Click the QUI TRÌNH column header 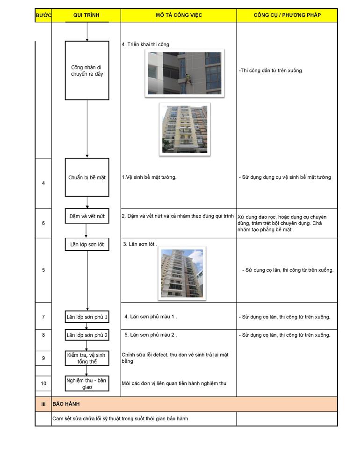point(86,15)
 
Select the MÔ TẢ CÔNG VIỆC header point(179,15)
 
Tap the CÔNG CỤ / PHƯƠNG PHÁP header point(287,15)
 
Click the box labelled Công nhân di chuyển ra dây point(87,71)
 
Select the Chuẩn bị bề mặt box point(87,177)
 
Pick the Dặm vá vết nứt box point(87,216)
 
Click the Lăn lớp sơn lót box point(87,244)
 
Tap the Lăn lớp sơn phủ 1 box point(87,317)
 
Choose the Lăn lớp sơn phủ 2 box point(87,335)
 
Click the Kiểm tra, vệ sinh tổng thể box point(87,358)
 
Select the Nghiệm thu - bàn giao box point(87,383)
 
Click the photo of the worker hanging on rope point(185,73)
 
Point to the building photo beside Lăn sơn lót point(181,273)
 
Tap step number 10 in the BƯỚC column point(43,383)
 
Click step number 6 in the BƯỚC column point(43,223)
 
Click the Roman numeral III point(43,404)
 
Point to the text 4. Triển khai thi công point(145,45)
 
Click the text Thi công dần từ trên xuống point(270,71)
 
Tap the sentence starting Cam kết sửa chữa point(120,418)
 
